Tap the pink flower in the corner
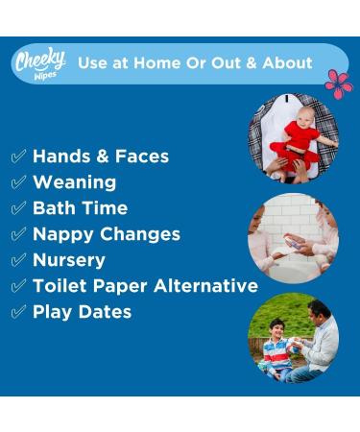point(338,84)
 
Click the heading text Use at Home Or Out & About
point(195,62)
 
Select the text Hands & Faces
point(100,156)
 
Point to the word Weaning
point(74,181)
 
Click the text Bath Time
point(80,207)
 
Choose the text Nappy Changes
point(106,233)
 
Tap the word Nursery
point(69,259)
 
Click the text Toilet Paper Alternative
point(145,285)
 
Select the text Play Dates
point(82,311)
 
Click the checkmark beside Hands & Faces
point(18,156)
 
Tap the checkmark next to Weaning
point(18,181)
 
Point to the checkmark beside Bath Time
point(18,207)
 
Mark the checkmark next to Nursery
point(18,259)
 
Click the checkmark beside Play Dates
point(18,311)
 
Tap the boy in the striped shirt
point(277,343)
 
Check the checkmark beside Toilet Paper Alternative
point(18,285)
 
